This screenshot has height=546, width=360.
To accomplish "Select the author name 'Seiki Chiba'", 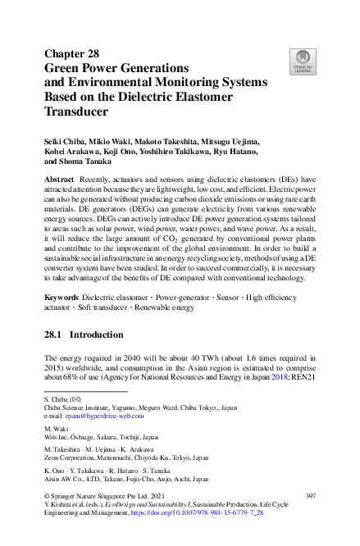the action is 67,142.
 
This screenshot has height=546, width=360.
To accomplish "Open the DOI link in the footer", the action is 212,532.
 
